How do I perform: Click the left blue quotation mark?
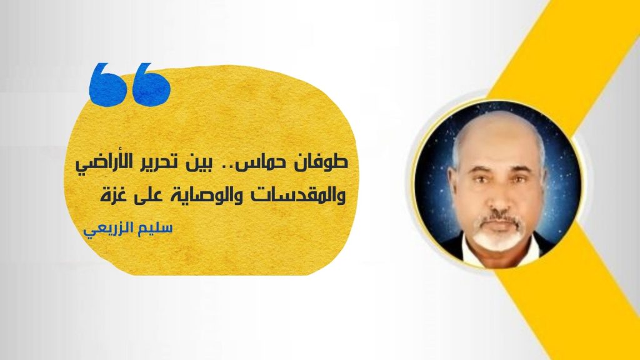click(x=107, y=84)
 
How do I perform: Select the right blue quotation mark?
click(x=152, y=84)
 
